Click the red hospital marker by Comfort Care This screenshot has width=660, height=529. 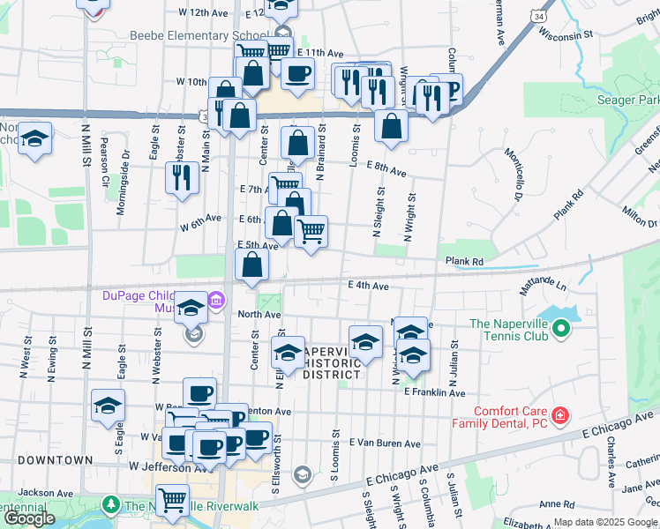[x=559, y=414]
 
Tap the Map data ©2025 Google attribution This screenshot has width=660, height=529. [x=604, y=522]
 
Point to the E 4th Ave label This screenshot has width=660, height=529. [x=368, y=286]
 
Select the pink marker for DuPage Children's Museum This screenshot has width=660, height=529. [x=217, y=302]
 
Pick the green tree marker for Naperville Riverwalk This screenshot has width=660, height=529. [x=110, y=505]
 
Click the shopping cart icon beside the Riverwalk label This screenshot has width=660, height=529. [x=173, y=501]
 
